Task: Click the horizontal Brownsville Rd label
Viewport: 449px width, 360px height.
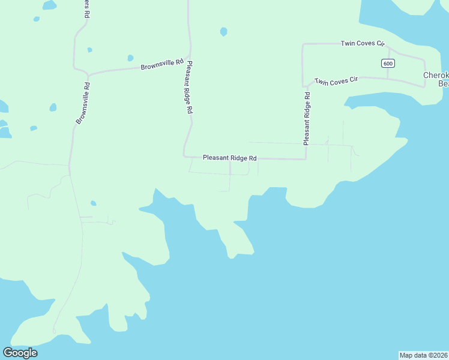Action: (x=161, y=65)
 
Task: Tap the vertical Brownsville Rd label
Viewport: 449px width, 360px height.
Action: (x=83, y=103)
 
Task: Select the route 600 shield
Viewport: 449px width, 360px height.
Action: (x=387, y=64)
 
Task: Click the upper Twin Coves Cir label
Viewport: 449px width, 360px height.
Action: (x=362, y=43)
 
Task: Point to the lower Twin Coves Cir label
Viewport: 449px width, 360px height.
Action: (x=336, y=80)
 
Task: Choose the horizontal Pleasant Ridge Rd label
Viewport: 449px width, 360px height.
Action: (x=229, y=158)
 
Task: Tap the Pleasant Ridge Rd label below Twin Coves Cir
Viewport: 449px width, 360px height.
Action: (x=307, y=118)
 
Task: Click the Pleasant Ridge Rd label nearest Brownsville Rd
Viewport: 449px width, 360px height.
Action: (x=189, y=88)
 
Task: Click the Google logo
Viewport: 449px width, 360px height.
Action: (x=20, y=353)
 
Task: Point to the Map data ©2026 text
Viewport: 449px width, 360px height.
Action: (x=423, y=355)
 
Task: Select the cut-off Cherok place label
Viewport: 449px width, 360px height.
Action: (x=436, y=76)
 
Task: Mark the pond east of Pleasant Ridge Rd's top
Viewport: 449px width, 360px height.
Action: (x=224, y=31)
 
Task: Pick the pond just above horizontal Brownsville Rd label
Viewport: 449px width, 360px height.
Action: (x=130, y=58)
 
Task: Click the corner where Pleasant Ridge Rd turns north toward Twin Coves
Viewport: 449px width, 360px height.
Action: (x=306, y=159)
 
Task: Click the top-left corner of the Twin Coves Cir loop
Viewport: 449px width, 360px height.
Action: (x=303, y=44)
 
